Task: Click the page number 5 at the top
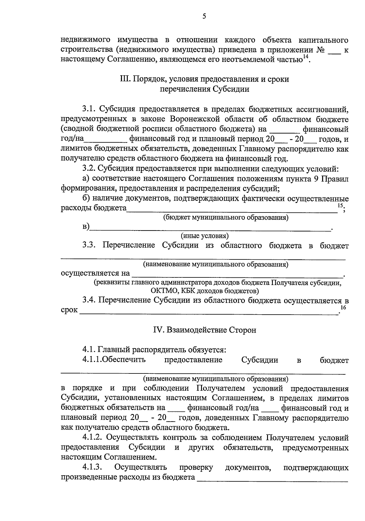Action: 204,16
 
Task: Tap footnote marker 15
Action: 340,206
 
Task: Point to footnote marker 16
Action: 343,308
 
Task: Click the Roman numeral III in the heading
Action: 124,79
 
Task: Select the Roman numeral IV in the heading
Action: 159,330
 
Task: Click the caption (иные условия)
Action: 205,236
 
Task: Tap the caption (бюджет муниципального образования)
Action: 226,217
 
